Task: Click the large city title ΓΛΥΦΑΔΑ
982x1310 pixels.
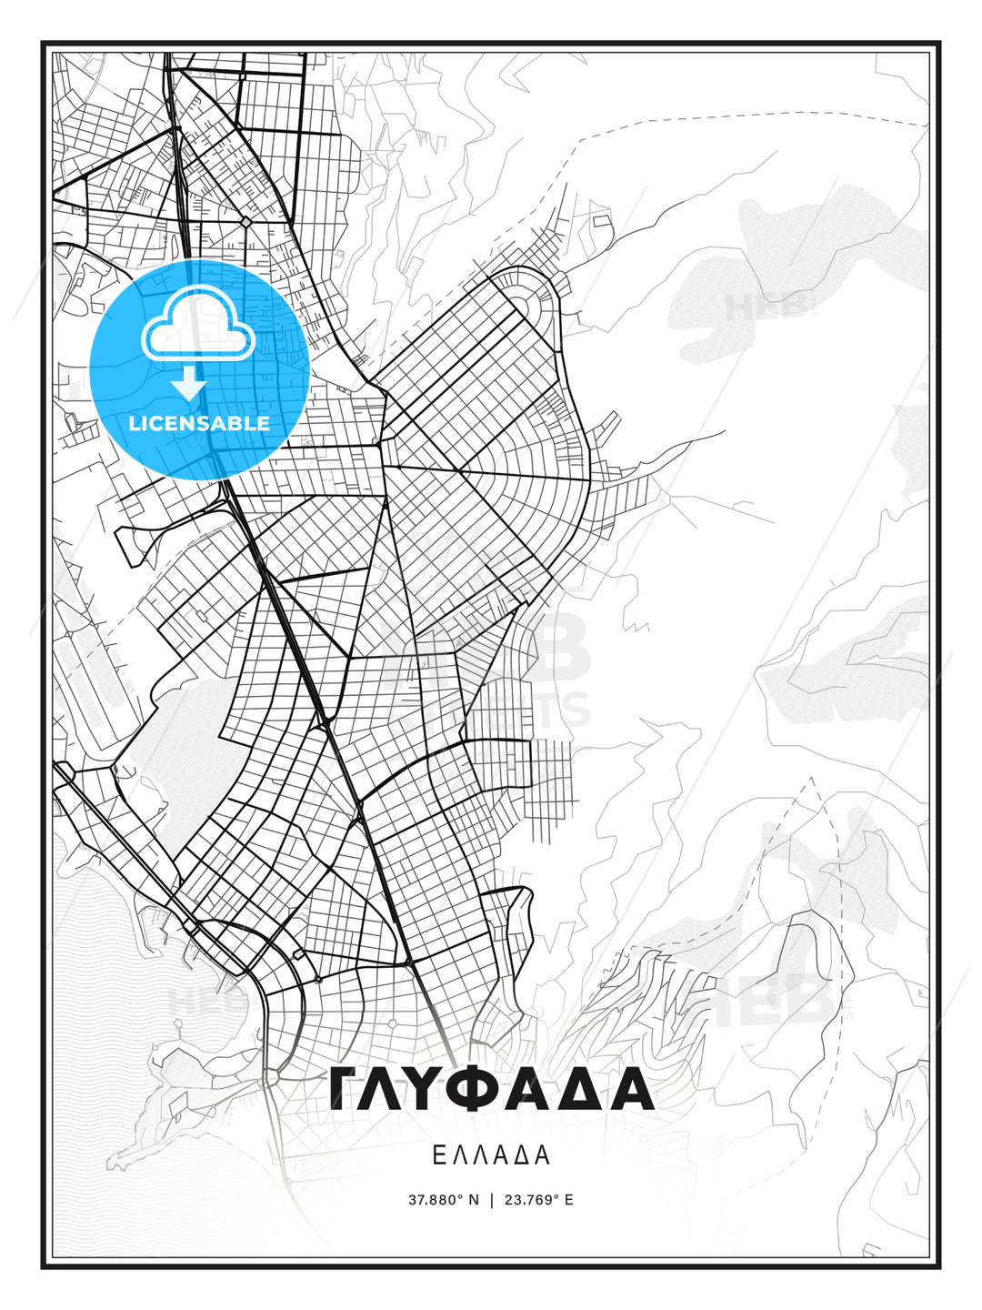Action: [491, 1088]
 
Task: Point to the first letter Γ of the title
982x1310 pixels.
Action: [346, 1088]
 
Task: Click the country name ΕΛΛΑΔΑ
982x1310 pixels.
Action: [491, 1155]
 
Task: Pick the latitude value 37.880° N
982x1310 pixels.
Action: [444, 1200]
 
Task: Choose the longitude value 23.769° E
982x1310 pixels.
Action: [538, 1200]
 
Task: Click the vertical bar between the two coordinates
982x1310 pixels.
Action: [492, 1200]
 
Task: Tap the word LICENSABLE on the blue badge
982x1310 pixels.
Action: [199, 423]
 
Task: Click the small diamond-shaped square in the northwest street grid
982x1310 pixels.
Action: [245, 221]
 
